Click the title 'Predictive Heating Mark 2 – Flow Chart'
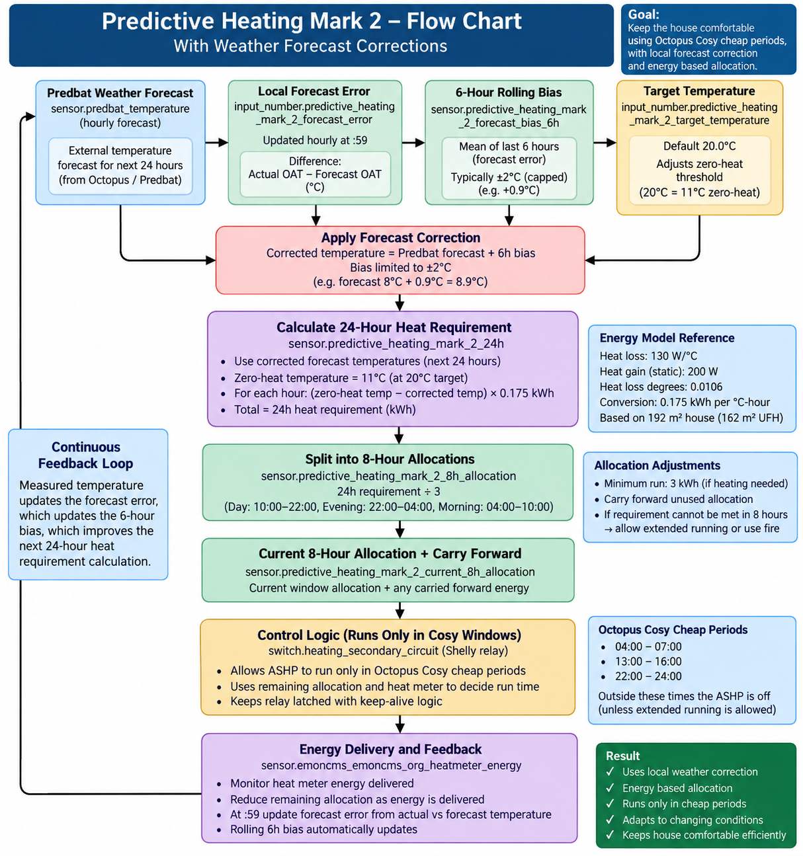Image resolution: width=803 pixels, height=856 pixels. [x=312, y=22]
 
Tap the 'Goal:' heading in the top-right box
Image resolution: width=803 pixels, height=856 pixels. [x=644, y=15]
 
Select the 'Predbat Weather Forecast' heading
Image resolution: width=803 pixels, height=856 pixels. [x=120, y=93]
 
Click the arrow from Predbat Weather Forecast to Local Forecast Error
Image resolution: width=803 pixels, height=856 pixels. [x=216, y=142]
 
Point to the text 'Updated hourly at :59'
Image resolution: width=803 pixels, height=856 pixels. [x=315, y=141]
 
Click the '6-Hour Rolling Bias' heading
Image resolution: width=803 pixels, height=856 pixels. [x=509, y=93]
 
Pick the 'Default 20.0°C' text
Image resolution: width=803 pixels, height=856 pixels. [x=699, y=146]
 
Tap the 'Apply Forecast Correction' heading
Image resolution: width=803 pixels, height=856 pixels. [x=400, y=237]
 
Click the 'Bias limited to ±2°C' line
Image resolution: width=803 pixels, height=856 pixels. [x=400, y=268]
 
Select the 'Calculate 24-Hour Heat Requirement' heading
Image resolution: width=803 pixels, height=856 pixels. [x=394, y=328]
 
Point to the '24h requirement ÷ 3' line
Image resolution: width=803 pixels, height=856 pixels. [x=388, y=492]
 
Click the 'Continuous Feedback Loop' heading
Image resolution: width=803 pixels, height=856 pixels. [x=85, y=455]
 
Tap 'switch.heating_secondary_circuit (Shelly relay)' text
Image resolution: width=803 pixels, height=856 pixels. [x=388, y=651]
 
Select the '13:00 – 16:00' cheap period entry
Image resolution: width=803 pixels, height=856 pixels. [x=648, y=662]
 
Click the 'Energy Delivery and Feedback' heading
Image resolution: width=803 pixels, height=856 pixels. [x=390, y=750]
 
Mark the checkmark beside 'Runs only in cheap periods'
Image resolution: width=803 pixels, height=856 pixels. [x=610, y=804]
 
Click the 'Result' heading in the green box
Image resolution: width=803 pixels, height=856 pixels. [x=622, y=756]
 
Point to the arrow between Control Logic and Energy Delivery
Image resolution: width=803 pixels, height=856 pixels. [x=400, y=724]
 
